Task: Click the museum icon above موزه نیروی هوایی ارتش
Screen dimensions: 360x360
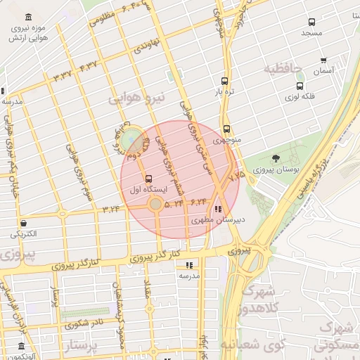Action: click(27, 17)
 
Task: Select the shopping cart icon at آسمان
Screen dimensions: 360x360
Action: click(323, 60)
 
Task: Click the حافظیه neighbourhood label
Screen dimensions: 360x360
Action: click(283, 69)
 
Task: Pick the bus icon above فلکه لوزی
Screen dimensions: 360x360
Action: click(300, 86)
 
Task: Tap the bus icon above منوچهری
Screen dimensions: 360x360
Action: click(226, 129)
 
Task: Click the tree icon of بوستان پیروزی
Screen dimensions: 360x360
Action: click(275, 158)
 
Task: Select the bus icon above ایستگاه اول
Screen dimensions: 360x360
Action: click(148, 178)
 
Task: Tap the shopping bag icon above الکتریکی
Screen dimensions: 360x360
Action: click(24, 222)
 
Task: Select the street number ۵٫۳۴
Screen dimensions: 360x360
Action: click(174, 203)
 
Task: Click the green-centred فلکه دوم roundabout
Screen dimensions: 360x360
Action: click(129, 140)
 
